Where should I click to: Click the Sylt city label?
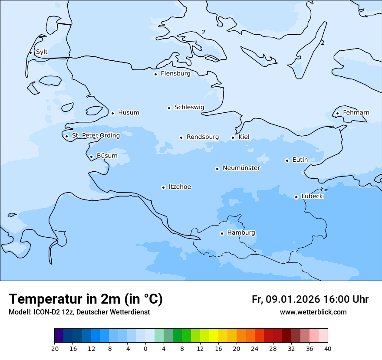pos(42,52)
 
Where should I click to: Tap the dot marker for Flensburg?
pos(155,74)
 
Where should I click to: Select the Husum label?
pos(128,113)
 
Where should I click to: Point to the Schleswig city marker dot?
pos(169,108)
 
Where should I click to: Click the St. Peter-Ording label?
pos(95,136)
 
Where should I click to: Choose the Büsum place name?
pos(107,156)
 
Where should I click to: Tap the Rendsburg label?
pos(203,137)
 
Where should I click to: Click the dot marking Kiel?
pos(233,138)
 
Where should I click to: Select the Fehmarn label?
pos(356,113)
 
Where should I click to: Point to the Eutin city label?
pos(300,160)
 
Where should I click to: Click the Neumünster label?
pos(241,168)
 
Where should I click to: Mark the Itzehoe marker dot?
pos(163,188)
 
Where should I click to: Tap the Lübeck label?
pos(312,196)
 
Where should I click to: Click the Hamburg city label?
pos(241,233)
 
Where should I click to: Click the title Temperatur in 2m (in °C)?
pos(86,299)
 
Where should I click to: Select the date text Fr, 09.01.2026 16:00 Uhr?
pos(310,300)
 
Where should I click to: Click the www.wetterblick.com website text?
pos(313,312)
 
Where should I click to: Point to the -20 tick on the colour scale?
pos(54,349)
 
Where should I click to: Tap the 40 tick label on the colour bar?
pos(328,349)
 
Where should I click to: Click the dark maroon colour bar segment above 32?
pos(286,336)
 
